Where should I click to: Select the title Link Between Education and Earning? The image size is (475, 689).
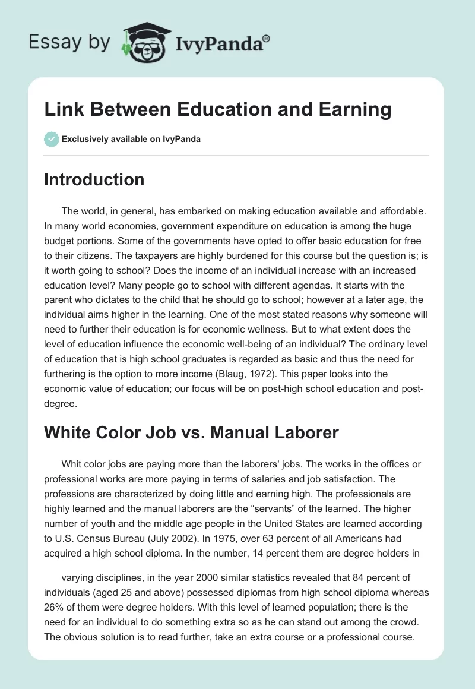pos(217,110)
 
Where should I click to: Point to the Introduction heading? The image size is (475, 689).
pos(94,179)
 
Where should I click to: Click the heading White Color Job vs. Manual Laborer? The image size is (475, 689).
pos(191,432)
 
